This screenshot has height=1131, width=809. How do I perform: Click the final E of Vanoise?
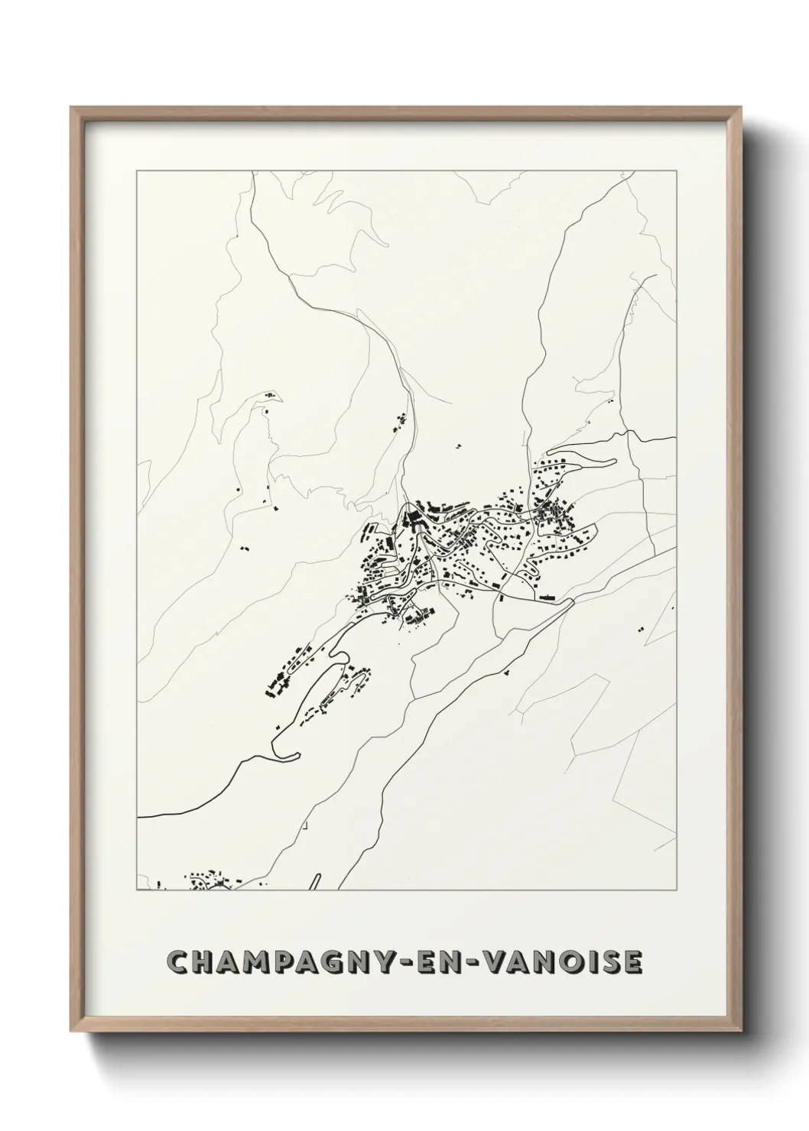click(634, 963)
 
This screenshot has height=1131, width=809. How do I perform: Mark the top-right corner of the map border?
click(676, 171)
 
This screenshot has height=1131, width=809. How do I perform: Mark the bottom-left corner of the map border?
click(137, 890)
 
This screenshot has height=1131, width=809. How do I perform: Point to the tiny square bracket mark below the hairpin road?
click(304, 825)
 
